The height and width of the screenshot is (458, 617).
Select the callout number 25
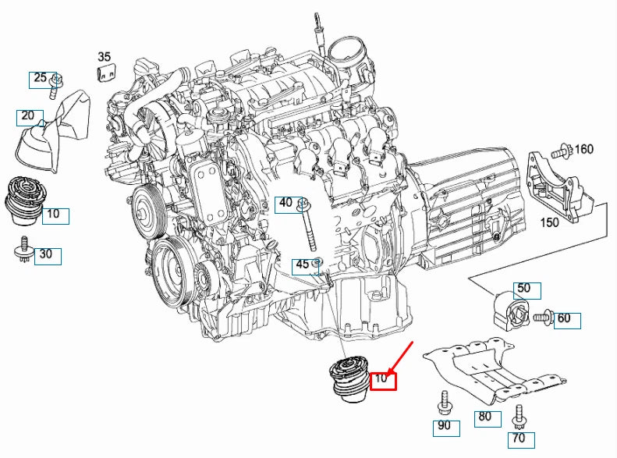coord(40,78)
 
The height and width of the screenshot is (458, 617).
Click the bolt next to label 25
coord(57,84)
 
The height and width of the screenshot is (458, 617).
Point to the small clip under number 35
coord(104,73)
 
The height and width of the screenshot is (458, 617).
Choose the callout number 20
coord(28,116)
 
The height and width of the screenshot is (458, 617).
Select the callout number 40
coord(286,204)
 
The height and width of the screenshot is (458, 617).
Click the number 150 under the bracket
coord(551,222)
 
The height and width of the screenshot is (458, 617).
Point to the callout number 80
coord(485,417)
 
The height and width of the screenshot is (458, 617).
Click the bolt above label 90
coord(443,402)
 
